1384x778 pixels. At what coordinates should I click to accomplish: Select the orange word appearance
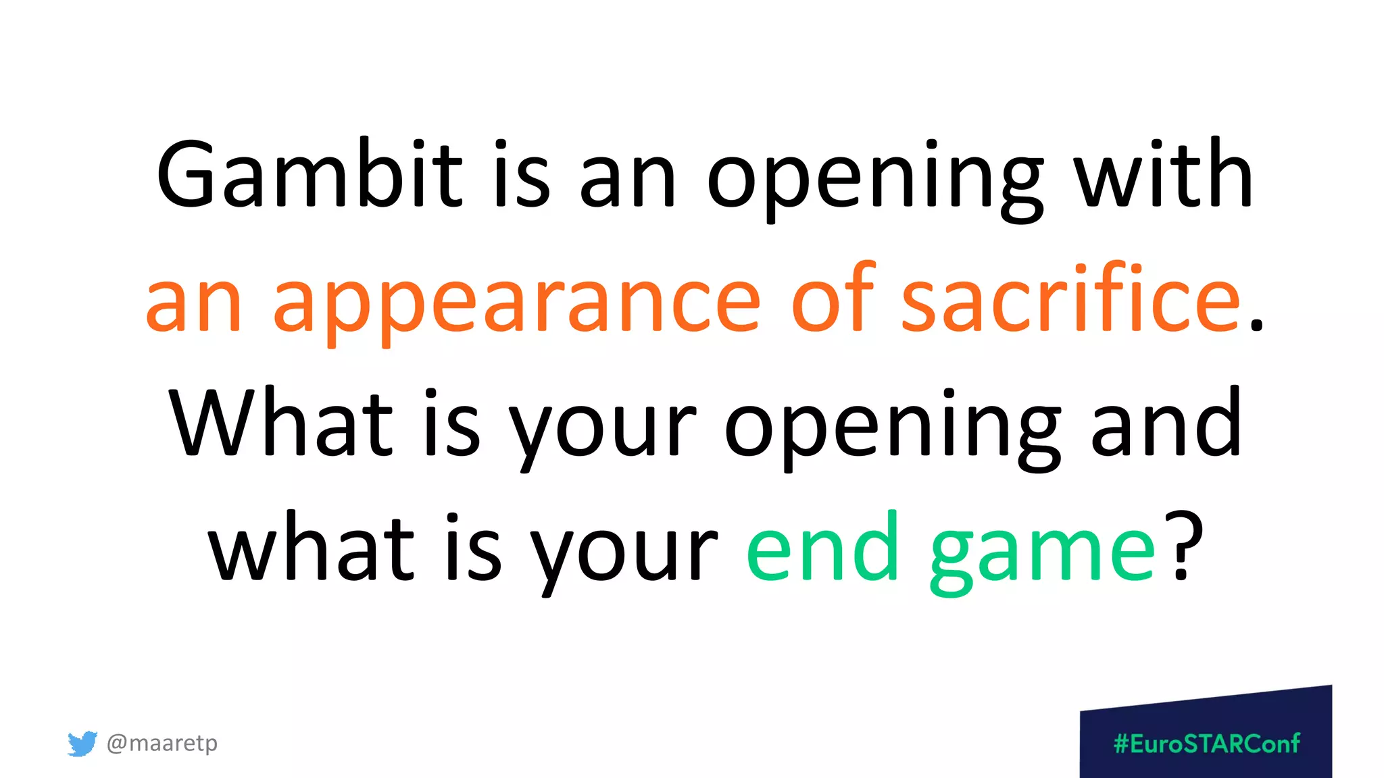[x=516, y=301]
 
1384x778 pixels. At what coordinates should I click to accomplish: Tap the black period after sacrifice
[x=1256, y=323]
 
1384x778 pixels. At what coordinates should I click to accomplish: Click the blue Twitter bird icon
[x=82, y=743]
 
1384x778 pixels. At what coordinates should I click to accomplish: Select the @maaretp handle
[x=162, y=743]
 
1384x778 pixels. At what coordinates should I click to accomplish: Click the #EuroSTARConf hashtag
[x=1206, y=744]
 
